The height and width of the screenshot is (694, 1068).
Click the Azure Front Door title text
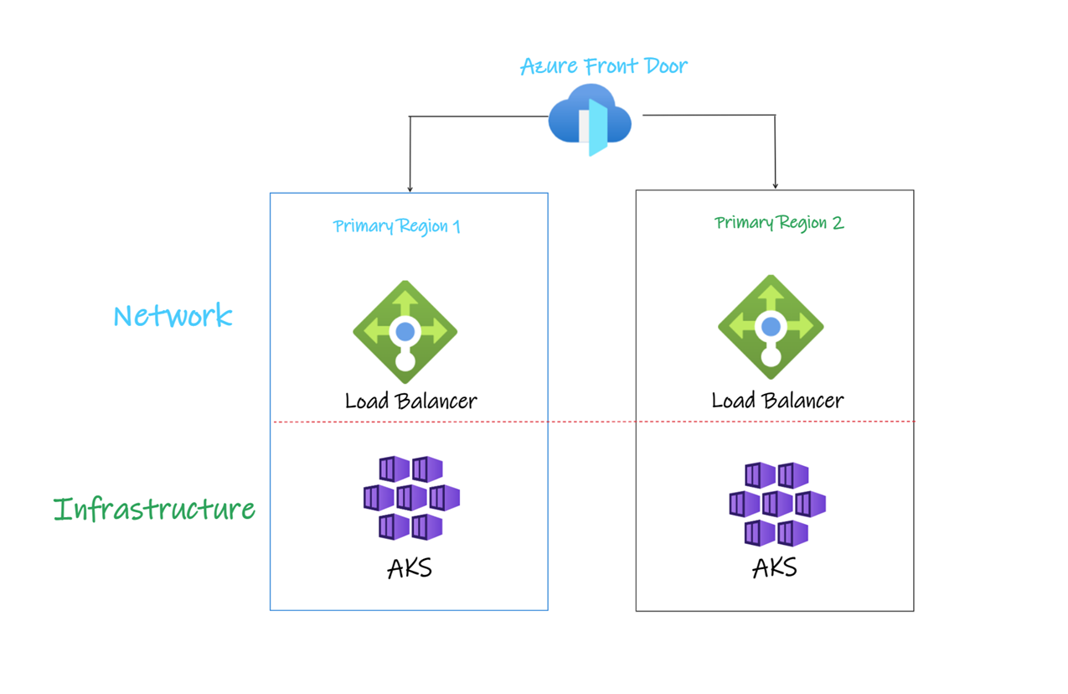[604, 66]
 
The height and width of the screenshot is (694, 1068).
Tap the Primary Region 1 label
[396, 226]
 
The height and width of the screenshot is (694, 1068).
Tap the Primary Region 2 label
[779, 223]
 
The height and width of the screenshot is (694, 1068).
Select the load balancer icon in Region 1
[405, 332]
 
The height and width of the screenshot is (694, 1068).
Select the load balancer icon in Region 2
[771, 327]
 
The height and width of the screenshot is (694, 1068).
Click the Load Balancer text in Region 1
[410, 401]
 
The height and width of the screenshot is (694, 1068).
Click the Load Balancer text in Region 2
[777, 401]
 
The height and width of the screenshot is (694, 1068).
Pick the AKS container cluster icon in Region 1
[410, 498]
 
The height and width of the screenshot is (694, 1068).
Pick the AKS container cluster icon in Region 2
[776, 504]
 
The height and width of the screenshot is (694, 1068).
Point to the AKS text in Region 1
[410, 568]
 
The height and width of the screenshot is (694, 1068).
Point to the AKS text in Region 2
[774, 567]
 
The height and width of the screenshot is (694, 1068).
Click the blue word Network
[173, 316]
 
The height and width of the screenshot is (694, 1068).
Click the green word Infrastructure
[154, 510]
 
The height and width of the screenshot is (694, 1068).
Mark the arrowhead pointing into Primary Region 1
[410, 188]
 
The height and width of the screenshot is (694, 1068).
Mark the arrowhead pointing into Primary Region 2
[775, 184]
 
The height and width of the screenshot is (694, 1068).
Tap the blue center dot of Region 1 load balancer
[405, 331]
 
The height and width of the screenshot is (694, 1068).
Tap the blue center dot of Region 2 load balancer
[771, 326]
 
